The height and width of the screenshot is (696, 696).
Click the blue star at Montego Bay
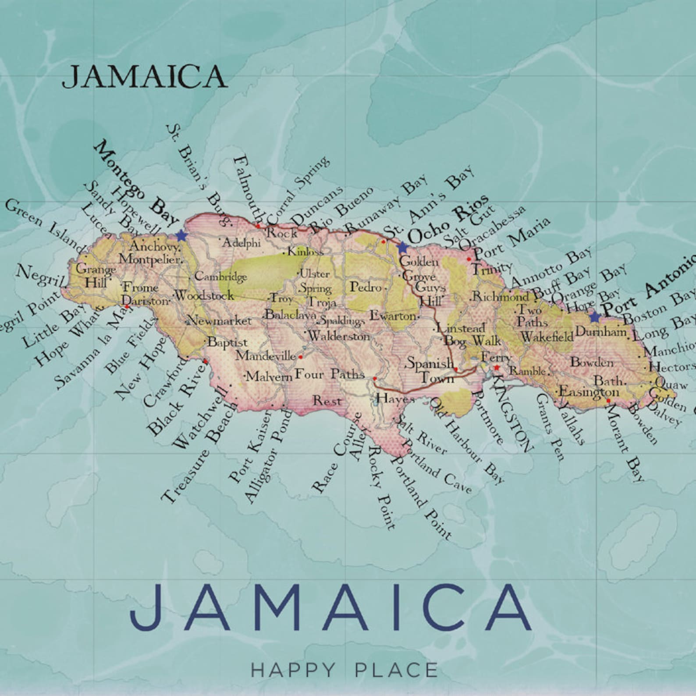pos(181,236)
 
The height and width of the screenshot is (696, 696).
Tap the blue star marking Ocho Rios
pos(402,247)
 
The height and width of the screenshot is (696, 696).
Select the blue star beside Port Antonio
pos(594,316)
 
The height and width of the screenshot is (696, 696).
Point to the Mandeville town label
pos(266,355)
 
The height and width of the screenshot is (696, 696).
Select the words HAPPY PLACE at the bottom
pos(344,670)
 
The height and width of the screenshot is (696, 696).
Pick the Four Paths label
pos(330,374)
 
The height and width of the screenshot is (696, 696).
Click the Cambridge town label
pos(220,277)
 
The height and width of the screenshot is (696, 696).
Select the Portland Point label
pos(422,497)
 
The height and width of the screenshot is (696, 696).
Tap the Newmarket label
pos(219,321)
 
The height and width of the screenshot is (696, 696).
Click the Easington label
pos(589,391)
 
